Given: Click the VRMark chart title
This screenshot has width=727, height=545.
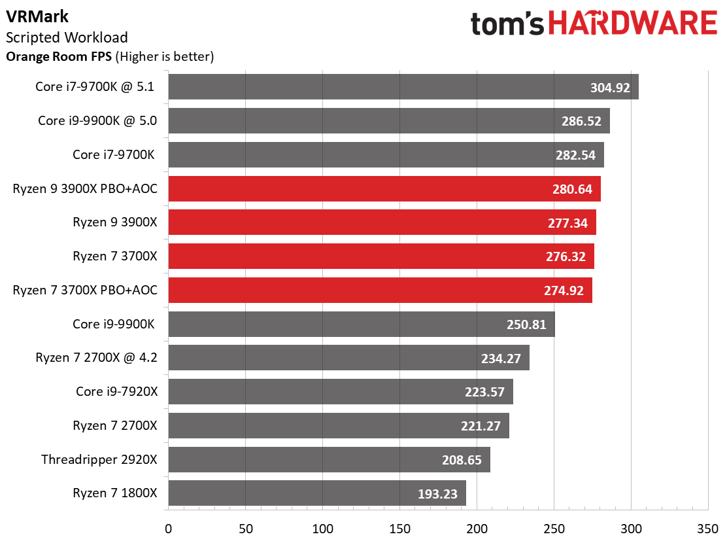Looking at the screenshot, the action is pos(37,17).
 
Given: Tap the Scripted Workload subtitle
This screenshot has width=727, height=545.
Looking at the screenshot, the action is pos(67,37).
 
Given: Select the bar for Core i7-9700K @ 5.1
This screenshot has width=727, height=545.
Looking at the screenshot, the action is pos(403,87).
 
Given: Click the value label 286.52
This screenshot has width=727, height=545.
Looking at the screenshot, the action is pos(581,121).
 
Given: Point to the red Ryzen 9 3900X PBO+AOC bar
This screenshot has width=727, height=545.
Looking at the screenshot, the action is pos(384,189).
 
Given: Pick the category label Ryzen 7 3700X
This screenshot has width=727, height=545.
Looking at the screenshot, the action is pos(115,256).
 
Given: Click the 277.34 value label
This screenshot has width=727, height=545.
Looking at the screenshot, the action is pos(567,223).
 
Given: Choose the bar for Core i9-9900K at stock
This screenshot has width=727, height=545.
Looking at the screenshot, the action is pos(362,325).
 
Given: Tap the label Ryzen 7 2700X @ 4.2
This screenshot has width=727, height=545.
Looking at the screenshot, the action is pos(97,358).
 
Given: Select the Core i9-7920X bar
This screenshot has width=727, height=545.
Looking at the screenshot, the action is pos(341,391).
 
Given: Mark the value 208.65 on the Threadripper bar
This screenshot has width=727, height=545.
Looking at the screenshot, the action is pos(462,460).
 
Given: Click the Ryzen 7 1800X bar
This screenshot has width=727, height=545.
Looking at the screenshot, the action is pos(317,493).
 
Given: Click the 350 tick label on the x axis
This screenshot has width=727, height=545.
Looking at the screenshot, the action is pos(708,529).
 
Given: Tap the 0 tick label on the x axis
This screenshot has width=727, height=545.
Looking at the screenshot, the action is pos(168,529).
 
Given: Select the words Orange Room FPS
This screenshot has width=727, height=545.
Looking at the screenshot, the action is pos(59,56).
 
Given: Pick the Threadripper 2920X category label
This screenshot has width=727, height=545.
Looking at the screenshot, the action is pos(99,460).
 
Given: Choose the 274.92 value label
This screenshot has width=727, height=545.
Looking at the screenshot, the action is pos(564,291).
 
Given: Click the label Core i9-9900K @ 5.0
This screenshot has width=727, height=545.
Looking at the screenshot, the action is pos(97,120).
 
